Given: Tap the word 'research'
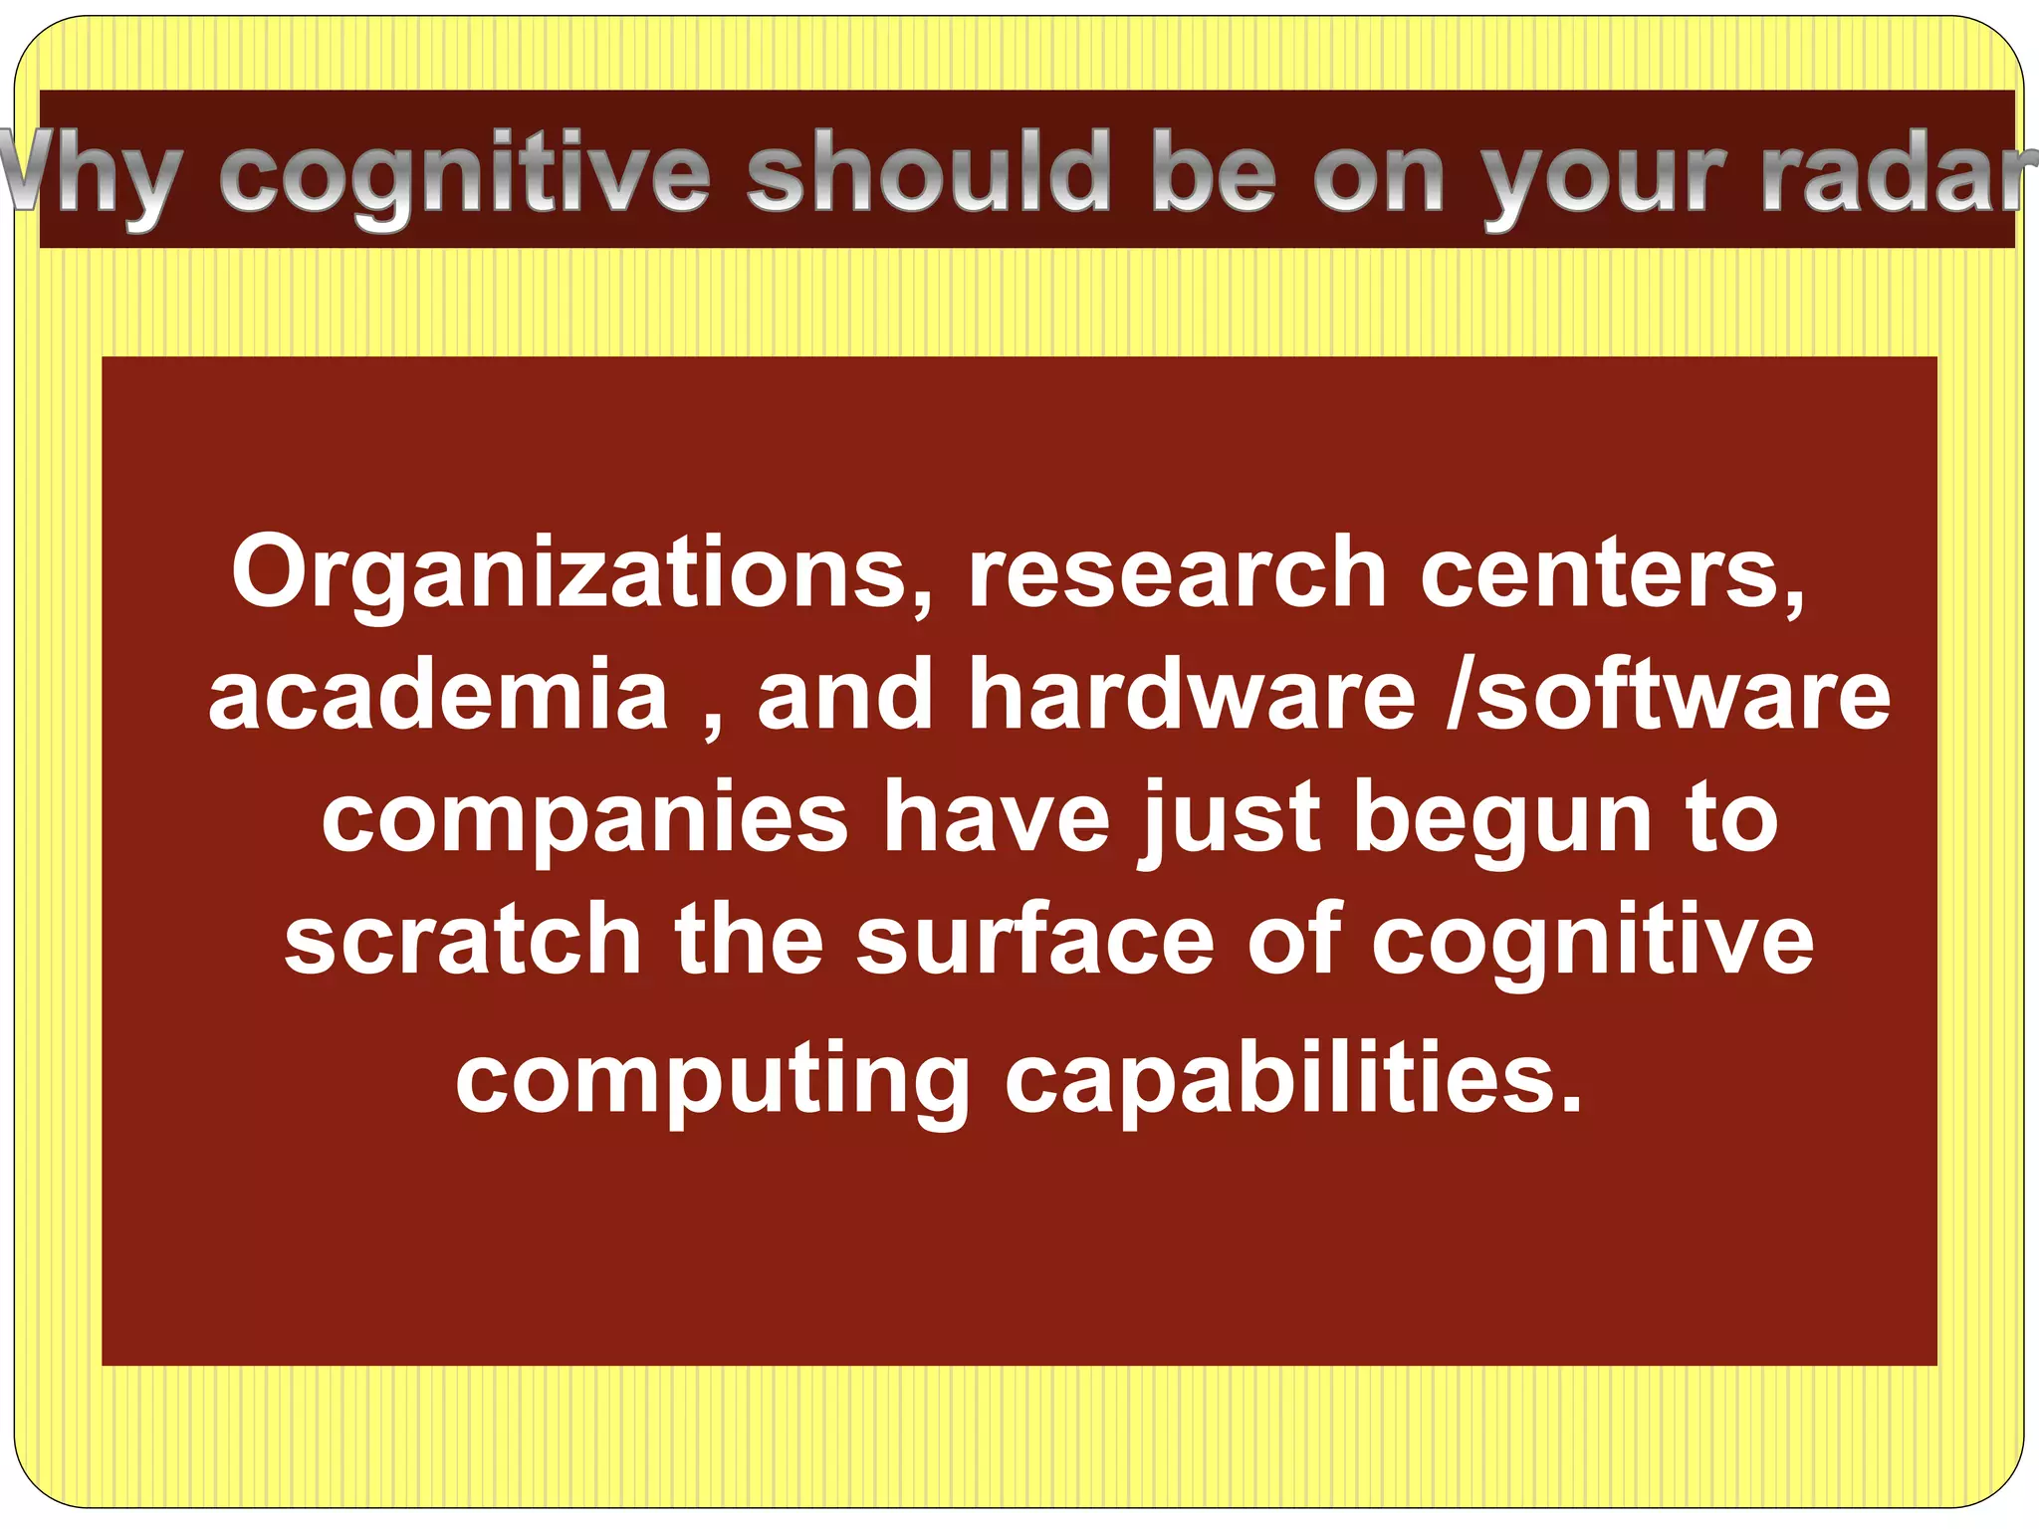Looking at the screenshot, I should tap(1178, 572).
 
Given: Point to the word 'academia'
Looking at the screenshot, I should tap(439, 694).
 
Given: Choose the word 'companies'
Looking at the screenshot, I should tap(584, 819).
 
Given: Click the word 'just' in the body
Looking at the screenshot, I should tap(1232, 819).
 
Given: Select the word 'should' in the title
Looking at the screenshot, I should tap(928, 173).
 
